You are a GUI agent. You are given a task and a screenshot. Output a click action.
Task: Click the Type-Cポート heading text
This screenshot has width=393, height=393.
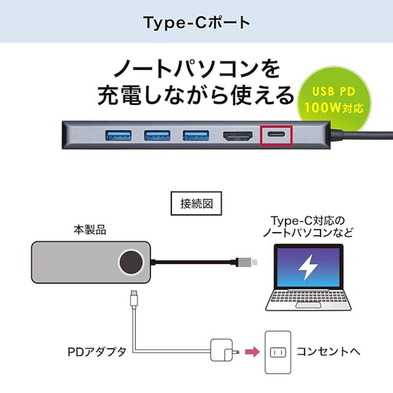coord(196,22)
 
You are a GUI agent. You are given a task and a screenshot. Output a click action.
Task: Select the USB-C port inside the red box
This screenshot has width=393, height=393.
coord(276,135)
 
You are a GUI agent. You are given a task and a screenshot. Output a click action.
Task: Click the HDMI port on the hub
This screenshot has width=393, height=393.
coord(238,136)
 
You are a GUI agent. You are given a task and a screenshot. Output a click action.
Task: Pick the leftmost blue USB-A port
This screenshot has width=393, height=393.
coord(119,135)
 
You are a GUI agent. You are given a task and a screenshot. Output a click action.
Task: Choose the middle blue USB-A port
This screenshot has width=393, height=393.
coord(157,135)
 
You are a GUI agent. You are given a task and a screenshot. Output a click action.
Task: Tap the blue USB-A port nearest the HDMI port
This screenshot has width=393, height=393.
coord(196,135)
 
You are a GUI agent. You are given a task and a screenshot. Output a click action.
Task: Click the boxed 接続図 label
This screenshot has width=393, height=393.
coord(196,204)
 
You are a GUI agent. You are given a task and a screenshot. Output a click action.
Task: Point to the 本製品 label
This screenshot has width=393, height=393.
coord(90,230)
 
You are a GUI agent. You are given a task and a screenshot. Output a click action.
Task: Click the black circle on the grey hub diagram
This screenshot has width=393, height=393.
coord(131,262)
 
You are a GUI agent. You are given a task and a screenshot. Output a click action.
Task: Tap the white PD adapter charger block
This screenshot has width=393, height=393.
coord(222,349)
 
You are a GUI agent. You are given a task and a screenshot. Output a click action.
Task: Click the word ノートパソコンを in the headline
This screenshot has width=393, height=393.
coord(196,70)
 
